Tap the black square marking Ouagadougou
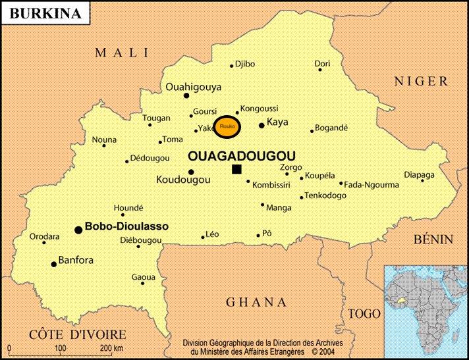pos(236,170)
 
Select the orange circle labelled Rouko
pos(227,127)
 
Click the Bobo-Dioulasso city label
pos(126,226)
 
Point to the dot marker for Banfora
pos(54,264)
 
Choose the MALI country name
pos(122,53)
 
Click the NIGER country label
pos(422,82)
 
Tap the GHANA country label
pos(256,303)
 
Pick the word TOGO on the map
pos(364,314)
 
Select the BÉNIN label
pos(433,240)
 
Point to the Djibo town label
pos(244,64)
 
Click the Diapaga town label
pos(419,175)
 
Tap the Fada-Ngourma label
pos(372,185)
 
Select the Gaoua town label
pos(143,277)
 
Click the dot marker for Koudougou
pos(191,172)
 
